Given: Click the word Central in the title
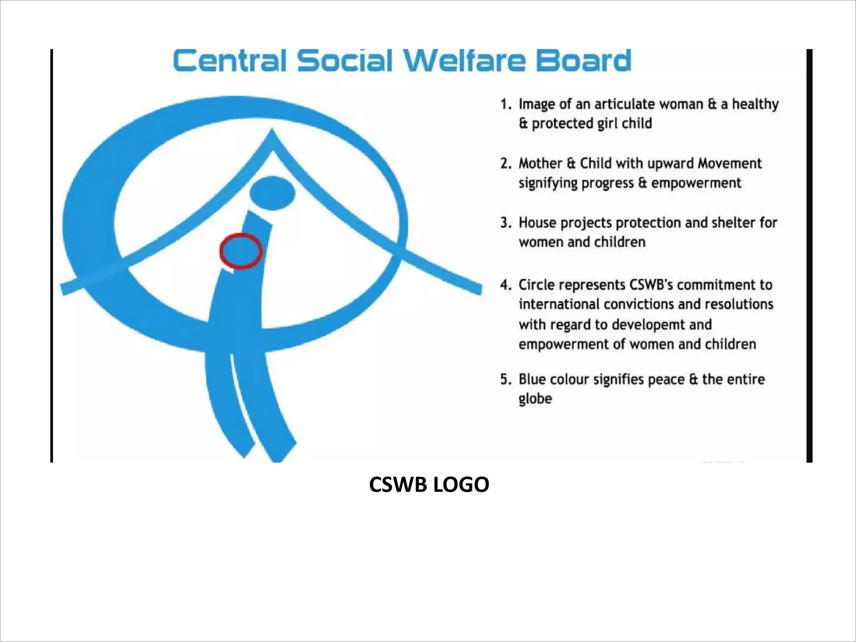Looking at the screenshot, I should click(x=230, y=61).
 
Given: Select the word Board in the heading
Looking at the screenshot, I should click(x=583, y=61).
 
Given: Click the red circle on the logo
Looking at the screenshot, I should click(x=241, y=251).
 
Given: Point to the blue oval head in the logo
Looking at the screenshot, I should click(x=273, y=193).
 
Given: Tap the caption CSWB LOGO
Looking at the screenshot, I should click(x=429, y=485).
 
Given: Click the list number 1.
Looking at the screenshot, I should click(x=505, y=104).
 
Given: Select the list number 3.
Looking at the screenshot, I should click(x=505, y=223).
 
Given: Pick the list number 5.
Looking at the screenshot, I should click(x=505, y=380).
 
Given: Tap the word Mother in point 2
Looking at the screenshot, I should click(x=540, y=163).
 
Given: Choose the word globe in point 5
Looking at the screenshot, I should click(x=535, y=399).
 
